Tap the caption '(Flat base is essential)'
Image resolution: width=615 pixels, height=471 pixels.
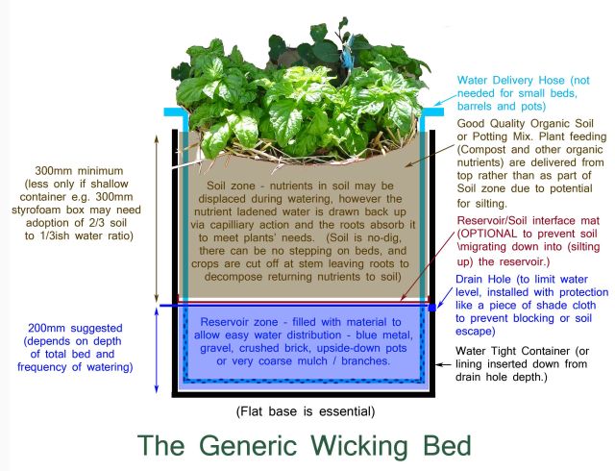click(x=306, y=411)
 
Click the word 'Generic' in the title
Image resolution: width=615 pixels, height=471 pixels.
click(x=232, y=447)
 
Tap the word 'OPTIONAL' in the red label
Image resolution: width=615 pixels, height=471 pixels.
click(x=498, y=235)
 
